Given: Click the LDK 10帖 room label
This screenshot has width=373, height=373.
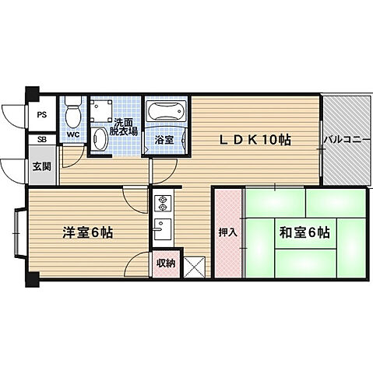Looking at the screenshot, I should pos(254,140).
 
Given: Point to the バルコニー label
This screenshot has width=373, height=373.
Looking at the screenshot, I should pos(346,140).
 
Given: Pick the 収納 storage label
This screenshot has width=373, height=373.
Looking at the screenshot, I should pos(164,262).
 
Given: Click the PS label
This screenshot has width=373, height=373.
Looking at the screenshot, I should pos(41,115).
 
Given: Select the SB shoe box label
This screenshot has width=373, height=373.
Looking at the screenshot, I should pos(41,141).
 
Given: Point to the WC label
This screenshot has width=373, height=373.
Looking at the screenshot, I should pos(72,134).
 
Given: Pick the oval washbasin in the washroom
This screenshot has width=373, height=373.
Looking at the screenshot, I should pos(100,141).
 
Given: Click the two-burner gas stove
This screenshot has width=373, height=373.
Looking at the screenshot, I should pos(164,204).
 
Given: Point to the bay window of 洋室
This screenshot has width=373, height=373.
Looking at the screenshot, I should pos(18,232).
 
